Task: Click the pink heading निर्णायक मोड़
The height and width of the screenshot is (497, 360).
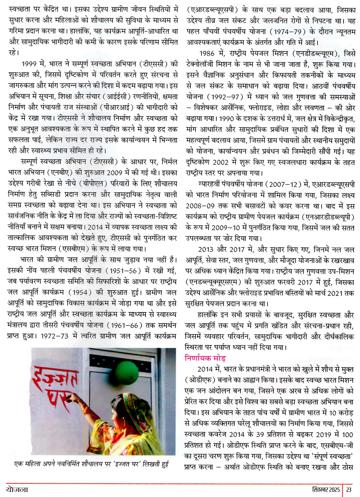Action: [x=205, y=358]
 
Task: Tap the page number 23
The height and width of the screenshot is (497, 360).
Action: [x=349, y=489]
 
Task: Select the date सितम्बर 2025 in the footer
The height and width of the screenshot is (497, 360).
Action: [x=326, y=489]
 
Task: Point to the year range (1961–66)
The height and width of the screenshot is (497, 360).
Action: [x=124, y=325]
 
